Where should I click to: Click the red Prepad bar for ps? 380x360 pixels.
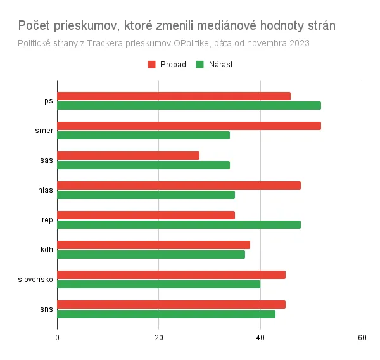[x=174, y=96]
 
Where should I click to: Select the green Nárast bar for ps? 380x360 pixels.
[x=189, y=105]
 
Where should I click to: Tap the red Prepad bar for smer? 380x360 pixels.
[x=189, y=125]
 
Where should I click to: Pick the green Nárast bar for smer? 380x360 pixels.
[x=143, y=135]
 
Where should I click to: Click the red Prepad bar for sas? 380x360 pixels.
[x=128, y=155]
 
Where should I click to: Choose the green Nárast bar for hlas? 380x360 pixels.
[x=146, y=195]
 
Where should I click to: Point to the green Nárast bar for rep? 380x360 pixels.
[x=179, y=224]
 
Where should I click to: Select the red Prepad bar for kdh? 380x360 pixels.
[x=153, y=245]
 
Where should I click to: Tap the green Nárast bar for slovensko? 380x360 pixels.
[x=158, y=284]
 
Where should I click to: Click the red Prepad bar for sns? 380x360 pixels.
[x=171, y=304]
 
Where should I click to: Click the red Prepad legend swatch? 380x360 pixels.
[x=152, y=64]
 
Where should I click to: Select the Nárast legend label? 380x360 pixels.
[x=220, y=64]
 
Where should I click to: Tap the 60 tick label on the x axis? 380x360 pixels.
[x=362, y=337]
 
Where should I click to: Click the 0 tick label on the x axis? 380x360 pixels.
[x=58, y=337]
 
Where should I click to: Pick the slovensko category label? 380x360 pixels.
[x=35, y=279]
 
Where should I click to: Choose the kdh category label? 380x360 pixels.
[x=46, y=249]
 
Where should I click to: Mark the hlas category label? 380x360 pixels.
[x=46, y=190]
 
